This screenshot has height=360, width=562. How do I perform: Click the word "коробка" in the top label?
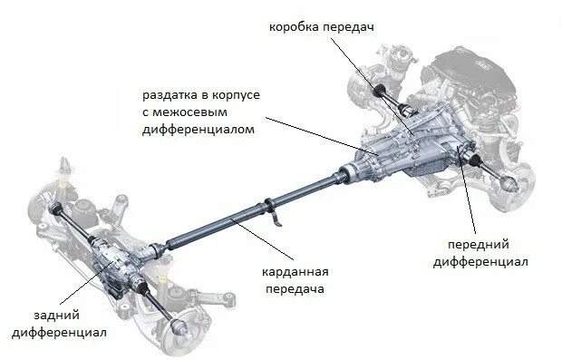pyautogui.click(x=294, y=27)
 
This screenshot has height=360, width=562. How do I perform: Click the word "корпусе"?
pyautogui.click(x=237, y=93)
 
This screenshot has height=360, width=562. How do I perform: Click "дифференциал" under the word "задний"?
pyautogui.click(x=60, y=332)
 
